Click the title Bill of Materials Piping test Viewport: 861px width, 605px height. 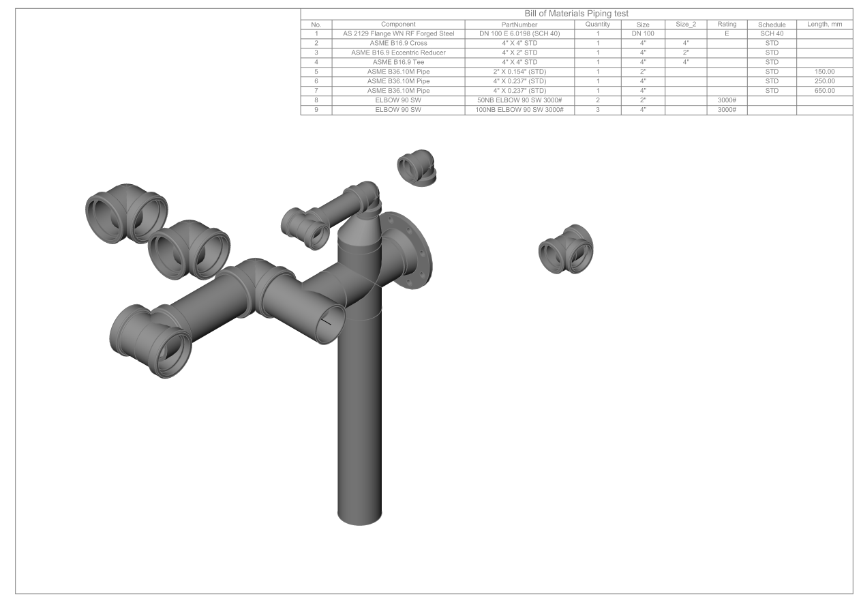[x=576, y=14]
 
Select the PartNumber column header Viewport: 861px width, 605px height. [x=519, y=25]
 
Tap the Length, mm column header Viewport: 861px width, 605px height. [x=824, y=25]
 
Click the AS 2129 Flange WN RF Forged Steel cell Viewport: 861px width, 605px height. [x=398, y=33]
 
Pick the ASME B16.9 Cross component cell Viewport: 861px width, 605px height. [x=398, y=43]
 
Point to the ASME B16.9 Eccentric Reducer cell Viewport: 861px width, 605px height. [x=398, y=53]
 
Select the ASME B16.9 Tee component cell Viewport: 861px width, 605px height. [x=398, y=62]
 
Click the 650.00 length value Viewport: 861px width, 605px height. [x=824, y=91]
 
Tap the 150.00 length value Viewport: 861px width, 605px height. [x=824, y=72]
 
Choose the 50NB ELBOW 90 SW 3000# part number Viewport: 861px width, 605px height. [x=519, y=100]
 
